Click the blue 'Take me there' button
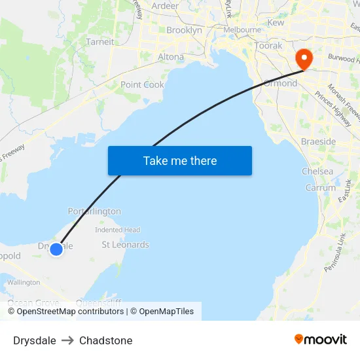(x=179, y=160)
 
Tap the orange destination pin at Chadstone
(x=304, y=60)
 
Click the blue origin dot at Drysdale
(x=56, y=249)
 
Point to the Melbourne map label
(x=242, y=30)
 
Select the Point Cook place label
(x=142, y=84)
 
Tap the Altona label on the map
(x=171, y=57)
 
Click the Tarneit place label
(x=100, y=41)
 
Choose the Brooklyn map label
(x=184, y=30)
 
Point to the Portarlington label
(x=94, y=211)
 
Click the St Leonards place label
(x=125, y=245)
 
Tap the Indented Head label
(x=118, y=230)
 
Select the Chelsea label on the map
(x=317, y=171)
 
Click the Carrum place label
(x=321, y=188)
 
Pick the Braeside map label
(x=318, y=141)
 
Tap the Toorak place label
(x=268, y=46)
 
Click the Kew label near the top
(x=276, y=22)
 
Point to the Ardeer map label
(x=165, y=6)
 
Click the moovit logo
(x=320, y=340)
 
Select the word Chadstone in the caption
(x=105, y=340)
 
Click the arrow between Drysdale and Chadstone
(x=68, y=340)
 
